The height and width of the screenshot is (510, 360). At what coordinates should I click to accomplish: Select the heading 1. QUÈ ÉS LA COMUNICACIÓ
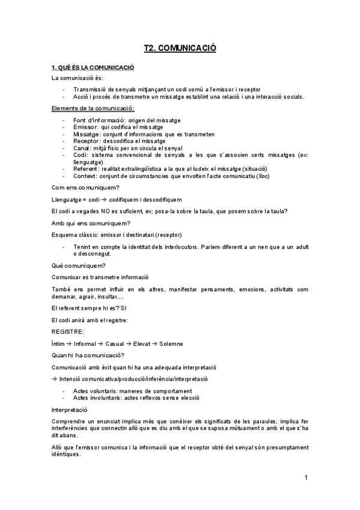[93, 68]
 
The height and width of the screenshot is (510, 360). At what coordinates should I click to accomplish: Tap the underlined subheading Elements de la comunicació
[93, 108]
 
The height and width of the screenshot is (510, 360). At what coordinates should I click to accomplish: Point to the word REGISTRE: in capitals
[68, 331]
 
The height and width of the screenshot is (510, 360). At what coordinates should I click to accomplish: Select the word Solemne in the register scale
[171, 343]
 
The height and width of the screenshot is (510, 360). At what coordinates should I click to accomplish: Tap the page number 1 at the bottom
[306, 478]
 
